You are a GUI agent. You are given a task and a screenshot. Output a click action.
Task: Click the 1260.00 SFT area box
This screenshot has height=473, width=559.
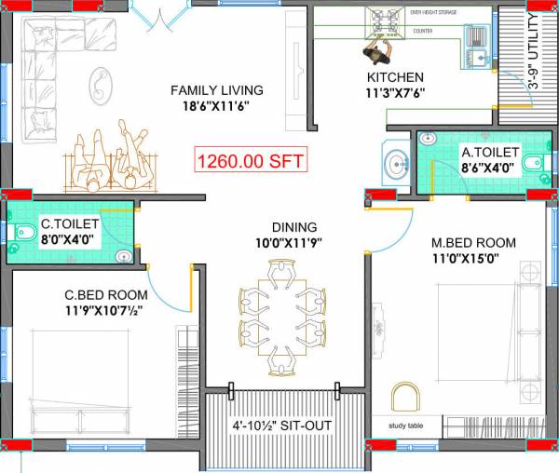click(x=250, y=160)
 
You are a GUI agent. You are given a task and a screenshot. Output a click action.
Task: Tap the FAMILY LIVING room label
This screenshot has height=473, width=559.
click(x=216, y=90)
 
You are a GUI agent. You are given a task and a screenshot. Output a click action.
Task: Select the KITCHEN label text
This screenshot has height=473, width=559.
click(x=395, y=77)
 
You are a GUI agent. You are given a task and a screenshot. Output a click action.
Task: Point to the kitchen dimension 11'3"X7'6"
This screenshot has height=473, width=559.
click(x=395, y=93)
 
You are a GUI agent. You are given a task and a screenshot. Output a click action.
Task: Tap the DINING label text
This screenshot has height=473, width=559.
click(x=293, y=226)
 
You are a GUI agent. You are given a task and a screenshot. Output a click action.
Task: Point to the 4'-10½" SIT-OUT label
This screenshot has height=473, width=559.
click(x=281, y=426)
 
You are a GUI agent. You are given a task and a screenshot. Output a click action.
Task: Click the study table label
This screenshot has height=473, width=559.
click(x=406, y=427)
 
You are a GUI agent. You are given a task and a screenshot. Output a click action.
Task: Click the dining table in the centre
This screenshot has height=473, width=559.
click(x=282, y=318)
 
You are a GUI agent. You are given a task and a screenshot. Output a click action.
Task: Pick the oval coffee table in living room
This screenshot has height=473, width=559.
click(x=98, y=87)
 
